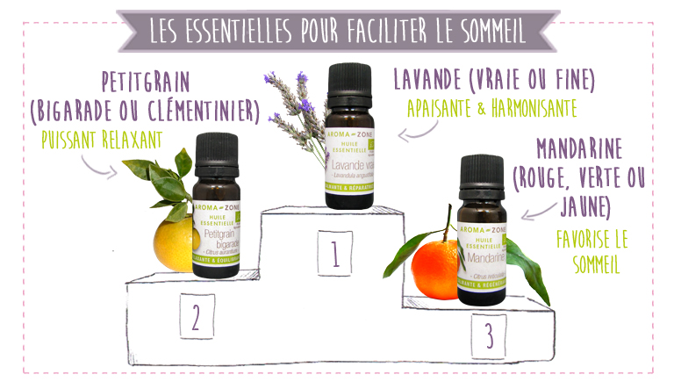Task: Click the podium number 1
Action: click(x=334, y=254)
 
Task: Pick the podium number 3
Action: click(x=488, y=337)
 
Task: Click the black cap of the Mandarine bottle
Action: click(x=480, y=175)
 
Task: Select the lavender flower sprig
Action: click(x=294, y=115)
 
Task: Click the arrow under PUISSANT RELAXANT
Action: click(x=99, y=163)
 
